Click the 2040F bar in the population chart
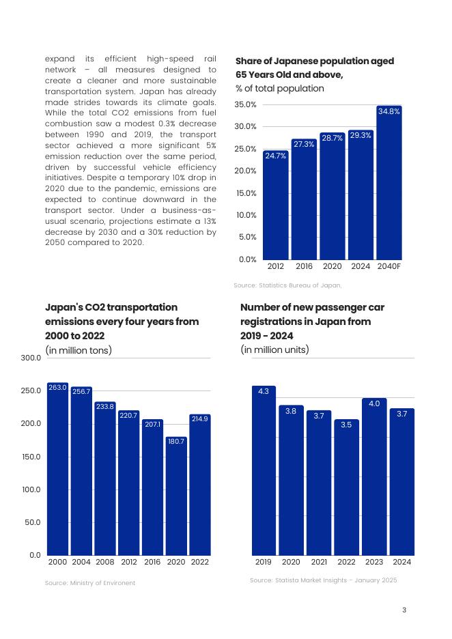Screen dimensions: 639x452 tap(389, 184)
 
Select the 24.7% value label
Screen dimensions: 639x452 tap(275, 156)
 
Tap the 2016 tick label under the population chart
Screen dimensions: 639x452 tap(304, 266)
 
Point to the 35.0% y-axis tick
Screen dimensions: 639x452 tap(245, 104)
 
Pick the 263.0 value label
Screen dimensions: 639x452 tap(57, 388)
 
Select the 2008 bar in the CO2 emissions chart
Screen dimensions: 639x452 tap(105, 478)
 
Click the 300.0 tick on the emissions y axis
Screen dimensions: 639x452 tap(31, 358)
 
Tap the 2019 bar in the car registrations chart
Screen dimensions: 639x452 tap(264, 471)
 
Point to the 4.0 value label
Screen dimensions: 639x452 tap(374, 403)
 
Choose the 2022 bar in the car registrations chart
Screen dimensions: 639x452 tap(346, 488)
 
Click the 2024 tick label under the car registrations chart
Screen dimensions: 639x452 tap(402, 562)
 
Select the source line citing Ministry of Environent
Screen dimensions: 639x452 tap(90, 583)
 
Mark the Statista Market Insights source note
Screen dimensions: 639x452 tap(323, 580)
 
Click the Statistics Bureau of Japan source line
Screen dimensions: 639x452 tap(287, 285)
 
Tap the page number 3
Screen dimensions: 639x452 tap(404, 610)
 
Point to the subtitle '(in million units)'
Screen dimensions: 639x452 tap(274, 350)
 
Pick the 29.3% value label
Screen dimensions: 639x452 tap(361, 135)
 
